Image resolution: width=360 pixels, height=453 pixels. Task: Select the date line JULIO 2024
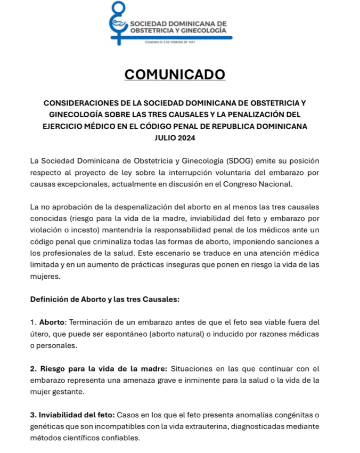tap(174, 138)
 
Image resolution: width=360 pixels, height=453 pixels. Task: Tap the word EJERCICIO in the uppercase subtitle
tap(67, 126)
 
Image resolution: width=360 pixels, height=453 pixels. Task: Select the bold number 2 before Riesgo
tap(34, 369)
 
